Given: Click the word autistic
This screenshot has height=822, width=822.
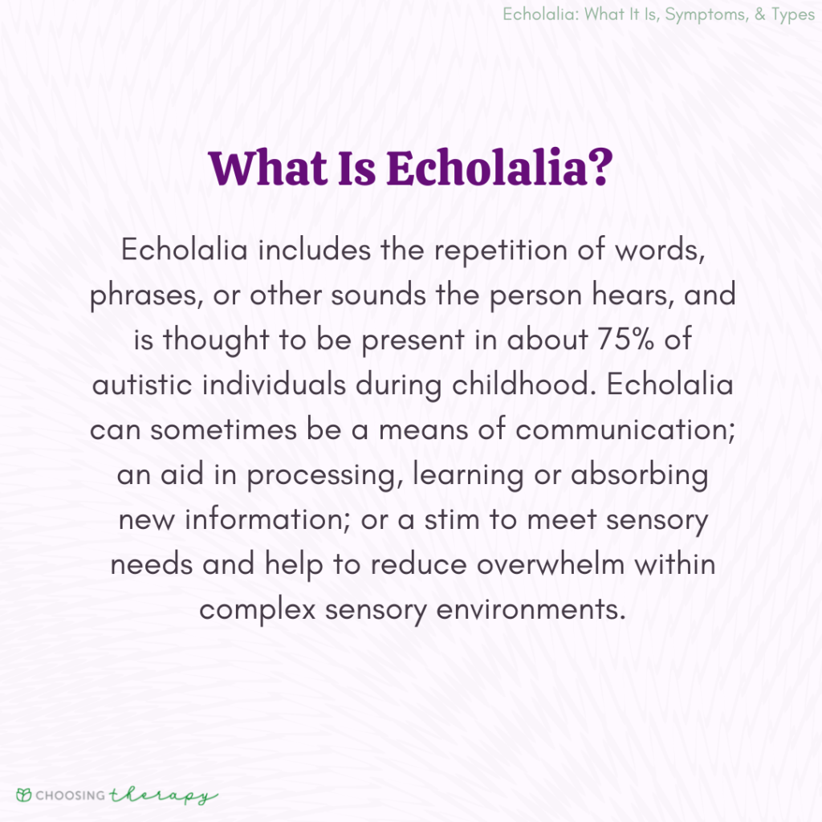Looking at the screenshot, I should [144, 385].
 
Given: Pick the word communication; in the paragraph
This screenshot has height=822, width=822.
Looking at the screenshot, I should [624, 429].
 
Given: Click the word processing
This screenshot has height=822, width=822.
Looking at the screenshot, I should [324, 475].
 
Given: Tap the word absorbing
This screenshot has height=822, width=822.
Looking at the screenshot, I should [640, 474].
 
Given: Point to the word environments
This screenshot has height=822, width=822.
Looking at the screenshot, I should [531, 609].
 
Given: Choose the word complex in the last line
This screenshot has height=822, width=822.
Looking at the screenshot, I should [257, 610].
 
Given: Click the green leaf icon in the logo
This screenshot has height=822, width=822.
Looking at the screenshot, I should [25, 796].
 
